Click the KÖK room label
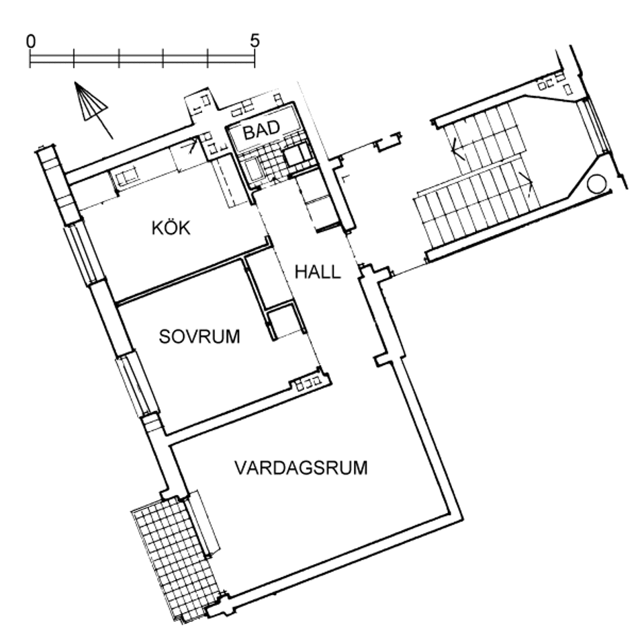pos(171,227)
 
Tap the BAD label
pos(262,130)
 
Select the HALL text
pos(318,272)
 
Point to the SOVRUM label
pos(199,337)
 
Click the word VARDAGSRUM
pos(301,467)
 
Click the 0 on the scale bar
pos(30,41)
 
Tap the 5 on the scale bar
pos(255,41)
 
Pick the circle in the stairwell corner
pos(597,184)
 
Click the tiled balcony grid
pos(175,558)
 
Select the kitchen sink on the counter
pos(126,179)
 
